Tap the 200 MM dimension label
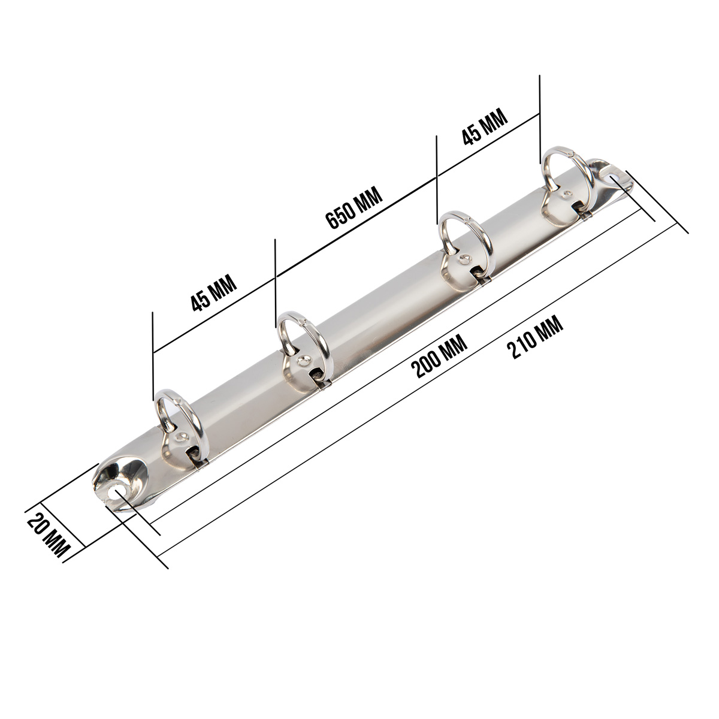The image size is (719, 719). coord(439,357)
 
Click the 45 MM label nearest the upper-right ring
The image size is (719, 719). coord(485,126)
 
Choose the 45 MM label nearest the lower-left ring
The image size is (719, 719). coord(214,293)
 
